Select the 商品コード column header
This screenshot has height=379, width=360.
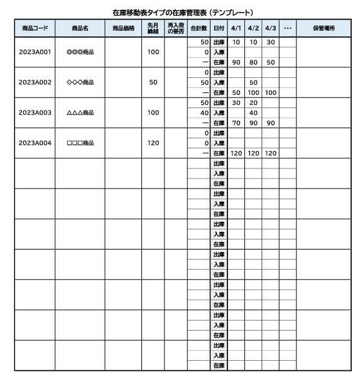point(35,28)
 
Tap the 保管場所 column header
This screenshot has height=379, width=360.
point(323,28)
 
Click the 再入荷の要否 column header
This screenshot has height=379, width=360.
point(176,28)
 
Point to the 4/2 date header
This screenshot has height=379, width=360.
point(253,28)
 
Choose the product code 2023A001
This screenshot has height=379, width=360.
point(35,52)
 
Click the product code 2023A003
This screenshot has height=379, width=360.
point(35,113)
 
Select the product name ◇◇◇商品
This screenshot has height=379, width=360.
point(79,82)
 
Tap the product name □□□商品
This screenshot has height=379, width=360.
point(79,143)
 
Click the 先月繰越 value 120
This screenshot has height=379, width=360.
point(153,143)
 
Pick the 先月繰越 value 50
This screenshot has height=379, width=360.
point(153,82)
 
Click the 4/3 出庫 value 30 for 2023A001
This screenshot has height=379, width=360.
point(270,42)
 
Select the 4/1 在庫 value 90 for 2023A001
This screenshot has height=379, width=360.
point(236,62)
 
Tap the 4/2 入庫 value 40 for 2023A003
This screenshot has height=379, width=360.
point(253,113)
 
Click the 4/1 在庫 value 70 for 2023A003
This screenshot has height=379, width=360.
point(236,123)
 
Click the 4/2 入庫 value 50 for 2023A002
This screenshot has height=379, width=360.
point(253,82)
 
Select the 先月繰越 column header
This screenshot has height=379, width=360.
point(153,28)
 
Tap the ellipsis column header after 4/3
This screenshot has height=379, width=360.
point(287,28)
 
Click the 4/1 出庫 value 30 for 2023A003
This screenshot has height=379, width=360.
point(236,102)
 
